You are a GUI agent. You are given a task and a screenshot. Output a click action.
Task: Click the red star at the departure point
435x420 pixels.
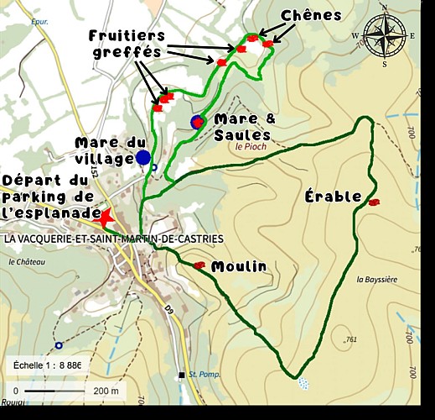(x=106, y=218)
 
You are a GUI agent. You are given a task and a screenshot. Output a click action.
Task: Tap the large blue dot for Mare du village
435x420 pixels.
(x=143, y=157)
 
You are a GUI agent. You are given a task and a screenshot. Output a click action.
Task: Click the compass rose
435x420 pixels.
(x=384, y=35)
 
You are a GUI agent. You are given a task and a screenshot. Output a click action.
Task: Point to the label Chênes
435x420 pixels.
(x=311, y=15)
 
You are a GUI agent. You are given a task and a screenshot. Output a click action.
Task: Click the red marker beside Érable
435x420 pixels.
(x=374, y=202)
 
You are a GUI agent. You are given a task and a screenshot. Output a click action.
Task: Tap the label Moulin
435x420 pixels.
(x=239, y=266)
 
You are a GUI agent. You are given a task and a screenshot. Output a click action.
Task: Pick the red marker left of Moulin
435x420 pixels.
(x=199, y=266)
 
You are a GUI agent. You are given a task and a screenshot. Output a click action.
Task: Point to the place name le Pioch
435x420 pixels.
(x=251, y=146)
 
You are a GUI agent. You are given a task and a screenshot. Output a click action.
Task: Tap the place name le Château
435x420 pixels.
(x=26, y=261)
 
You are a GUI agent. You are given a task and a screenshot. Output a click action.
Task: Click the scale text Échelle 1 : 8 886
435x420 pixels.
(x=47, y=365)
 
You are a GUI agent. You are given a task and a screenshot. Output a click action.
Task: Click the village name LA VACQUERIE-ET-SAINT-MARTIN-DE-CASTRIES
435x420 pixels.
(x=114, y=239)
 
